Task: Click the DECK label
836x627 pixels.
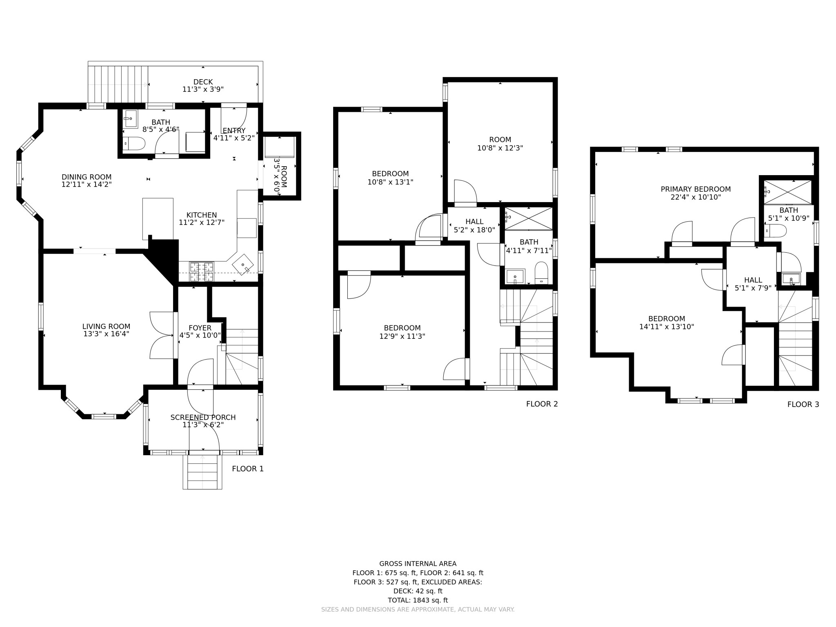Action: [x=203, y=82]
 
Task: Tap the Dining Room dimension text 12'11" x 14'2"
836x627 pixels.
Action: [x=87, y=185]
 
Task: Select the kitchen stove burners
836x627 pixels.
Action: [x=201, y=272]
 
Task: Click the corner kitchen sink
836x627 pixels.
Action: [x=243, y=265]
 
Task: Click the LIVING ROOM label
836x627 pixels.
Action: [x=106, y=327]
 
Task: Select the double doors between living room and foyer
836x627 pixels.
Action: [x=162, y=336]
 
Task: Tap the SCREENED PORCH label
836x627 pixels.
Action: [x=203, y=417]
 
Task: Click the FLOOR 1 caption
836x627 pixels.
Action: [x=248, y=469]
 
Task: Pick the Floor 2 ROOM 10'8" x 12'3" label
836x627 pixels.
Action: [x=500, y=140]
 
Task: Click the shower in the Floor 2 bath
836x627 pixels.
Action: [x=529, y=218]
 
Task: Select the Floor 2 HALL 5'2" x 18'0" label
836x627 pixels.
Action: [x=474, y=226]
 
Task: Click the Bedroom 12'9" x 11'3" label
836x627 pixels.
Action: [x=402, y=328]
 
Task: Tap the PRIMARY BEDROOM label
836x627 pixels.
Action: [x=696, y=189]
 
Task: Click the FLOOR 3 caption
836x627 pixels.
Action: [x=803, y=405]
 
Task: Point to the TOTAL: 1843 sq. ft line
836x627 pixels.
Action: [x=418, y=600]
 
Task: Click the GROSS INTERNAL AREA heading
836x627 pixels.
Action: [x=418, y=564]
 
